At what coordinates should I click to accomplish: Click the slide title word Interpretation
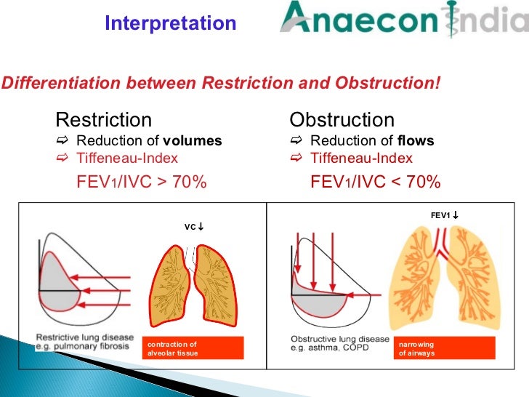pos(170,23)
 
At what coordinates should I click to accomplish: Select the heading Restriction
pos(103,119)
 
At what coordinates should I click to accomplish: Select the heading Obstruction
pos(342,119)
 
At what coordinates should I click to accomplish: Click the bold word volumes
pos(193,141)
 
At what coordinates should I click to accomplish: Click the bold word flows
pos(416,141)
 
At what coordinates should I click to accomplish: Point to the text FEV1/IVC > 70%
pos(142,182)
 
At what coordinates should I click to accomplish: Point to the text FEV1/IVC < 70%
pos(376,182)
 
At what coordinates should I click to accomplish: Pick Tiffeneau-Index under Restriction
pos(127,159)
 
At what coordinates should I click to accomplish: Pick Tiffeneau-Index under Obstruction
pos(361,159)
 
